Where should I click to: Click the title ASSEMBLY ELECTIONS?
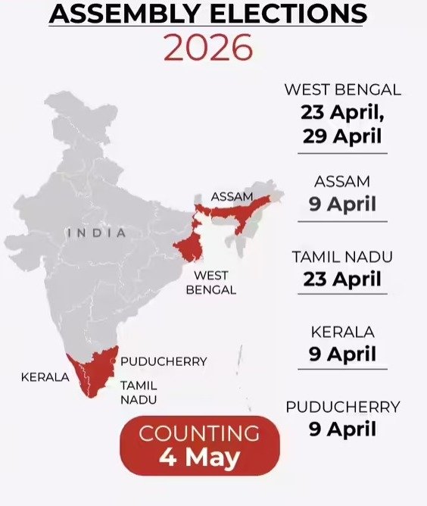[x=208, y=13]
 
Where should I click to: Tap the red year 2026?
[x=208, y=48]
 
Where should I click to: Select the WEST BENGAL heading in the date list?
[x=342, y=90]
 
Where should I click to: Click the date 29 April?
[x=342, y=137]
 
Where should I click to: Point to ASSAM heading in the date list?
[x=342, y=182]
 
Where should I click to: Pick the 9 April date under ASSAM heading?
[x=342, y=205]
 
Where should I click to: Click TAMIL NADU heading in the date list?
[x=342, y=257]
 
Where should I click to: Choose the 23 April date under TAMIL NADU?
[x=342, y=279]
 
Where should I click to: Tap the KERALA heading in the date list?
[x=342, y=332]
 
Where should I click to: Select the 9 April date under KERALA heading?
[x=342, y=354]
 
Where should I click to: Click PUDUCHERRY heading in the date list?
[x=342, y=407]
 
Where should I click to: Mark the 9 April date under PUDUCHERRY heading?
[x=342, y=429]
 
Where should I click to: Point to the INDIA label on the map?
[x=97, y=233]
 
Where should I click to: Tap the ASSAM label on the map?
[x=232, y=196]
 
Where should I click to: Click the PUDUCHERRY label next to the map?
[x=164, y=361]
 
